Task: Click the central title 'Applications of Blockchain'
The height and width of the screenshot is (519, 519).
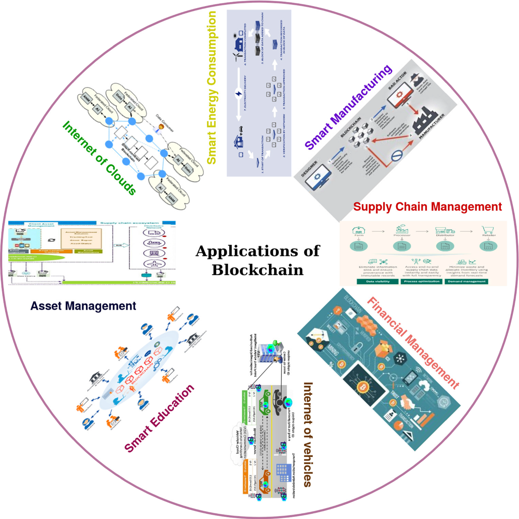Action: [258, 260]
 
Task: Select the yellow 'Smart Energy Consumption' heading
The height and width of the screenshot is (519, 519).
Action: [211, 88]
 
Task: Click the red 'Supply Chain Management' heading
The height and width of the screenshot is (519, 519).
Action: [427, 207]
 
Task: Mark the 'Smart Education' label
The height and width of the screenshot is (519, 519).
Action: [159, 418]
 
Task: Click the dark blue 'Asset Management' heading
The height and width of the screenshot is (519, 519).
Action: [83, 306]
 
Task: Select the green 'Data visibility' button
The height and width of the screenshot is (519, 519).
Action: [378, 282]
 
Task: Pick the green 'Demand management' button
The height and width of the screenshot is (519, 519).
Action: [467, 282]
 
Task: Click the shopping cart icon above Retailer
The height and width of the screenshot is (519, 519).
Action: [488, 230]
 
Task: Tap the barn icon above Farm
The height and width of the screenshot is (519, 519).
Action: [359, 230]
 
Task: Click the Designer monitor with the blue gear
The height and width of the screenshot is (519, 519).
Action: [318, 177]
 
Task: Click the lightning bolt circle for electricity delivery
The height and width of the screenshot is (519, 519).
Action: [238, 93]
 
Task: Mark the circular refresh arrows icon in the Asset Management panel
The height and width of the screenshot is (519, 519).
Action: [51, 240]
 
